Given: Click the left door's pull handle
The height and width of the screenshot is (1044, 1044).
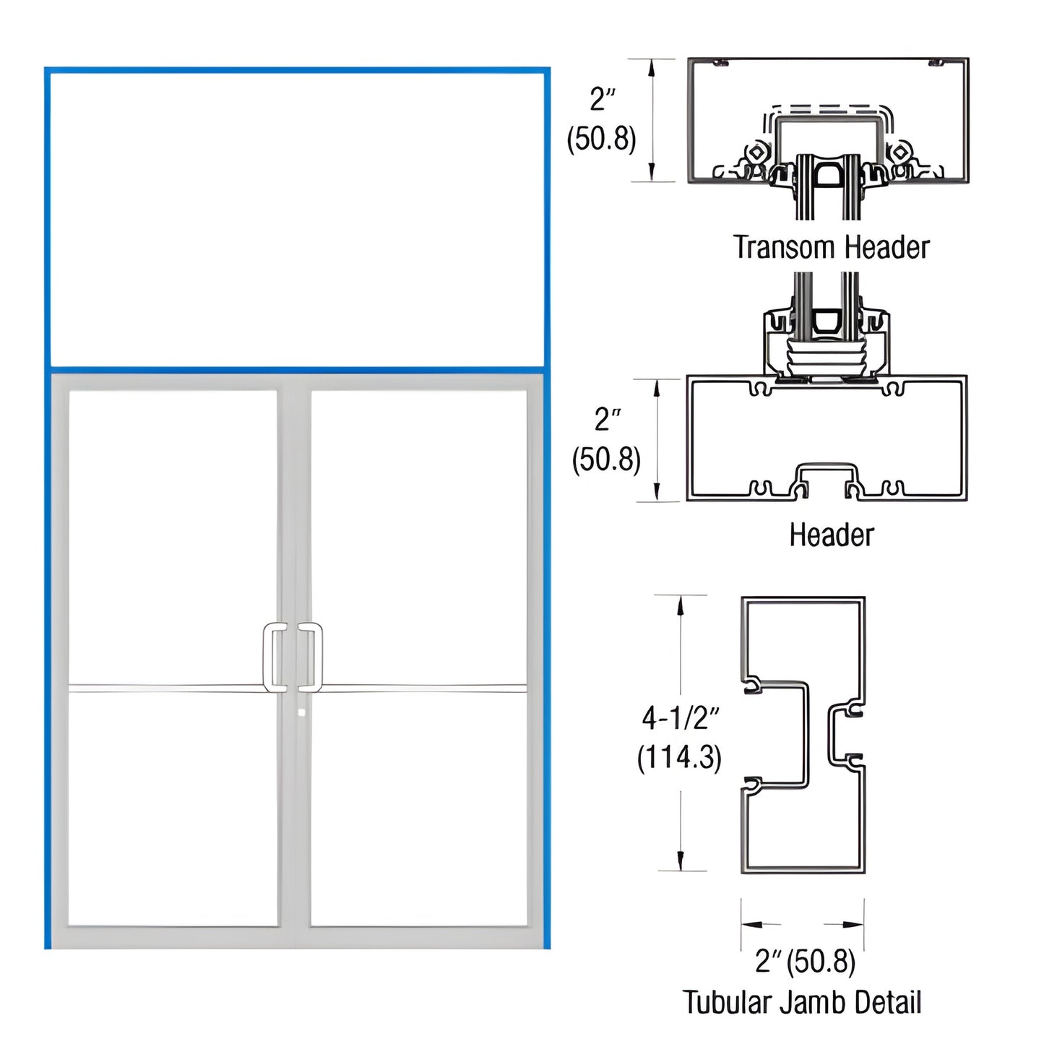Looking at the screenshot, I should click(x=273, y=656).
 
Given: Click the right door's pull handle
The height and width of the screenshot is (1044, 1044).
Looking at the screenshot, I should click(x=312, y=656).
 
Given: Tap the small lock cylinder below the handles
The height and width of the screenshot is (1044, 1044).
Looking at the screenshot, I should click(x=301, y=712).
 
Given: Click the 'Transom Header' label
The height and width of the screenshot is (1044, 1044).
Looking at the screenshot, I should click(x=831, y=248).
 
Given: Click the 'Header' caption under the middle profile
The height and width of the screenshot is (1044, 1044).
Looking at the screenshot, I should click(x=831, y=535).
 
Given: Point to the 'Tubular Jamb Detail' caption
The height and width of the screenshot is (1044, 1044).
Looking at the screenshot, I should click(x=802, y=1003).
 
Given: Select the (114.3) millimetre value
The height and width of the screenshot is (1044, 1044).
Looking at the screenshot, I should click(x=679, y=758).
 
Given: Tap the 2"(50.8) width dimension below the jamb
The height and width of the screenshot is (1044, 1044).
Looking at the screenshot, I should click(x=805, y=962).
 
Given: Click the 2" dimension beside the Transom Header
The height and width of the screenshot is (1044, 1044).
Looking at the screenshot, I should click(x=602, y=99).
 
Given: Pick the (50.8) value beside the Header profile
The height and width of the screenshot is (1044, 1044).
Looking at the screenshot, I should click(x=606, y=460).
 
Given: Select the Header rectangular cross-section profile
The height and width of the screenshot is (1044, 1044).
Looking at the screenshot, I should click(x=827, y=438).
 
